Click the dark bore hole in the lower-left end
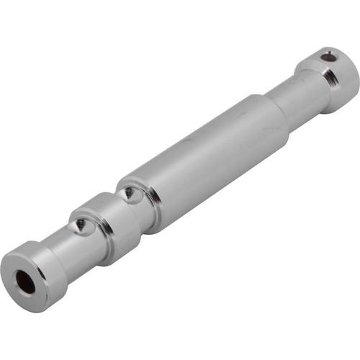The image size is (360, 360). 25,282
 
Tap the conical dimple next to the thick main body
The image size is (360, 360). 128,193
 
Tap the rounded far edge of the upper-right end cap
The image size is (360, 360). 353,68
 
